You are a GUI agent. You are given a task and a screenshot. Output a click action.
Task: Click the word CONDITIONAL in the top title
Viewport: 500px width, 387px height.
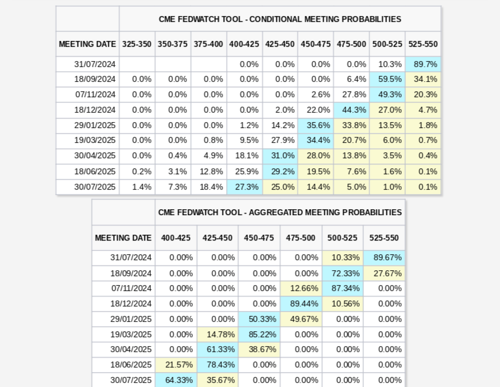click(x=276, y=19)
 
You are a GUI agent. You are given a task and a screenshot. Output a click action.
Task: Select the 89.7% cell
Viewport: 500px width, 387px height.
click(x=423, y=64)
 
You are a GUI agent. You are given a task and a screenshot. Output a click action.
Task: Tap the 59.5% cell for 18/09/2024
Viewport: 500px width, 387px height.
click(x=388, y=79)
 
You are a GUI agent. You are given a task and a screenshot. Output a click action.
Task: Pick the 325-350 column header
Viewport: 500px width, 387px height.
click(x=137, y=44)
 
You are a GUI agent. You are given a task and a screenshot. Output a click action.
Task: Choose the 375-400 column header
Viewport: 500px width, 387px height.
click(x=208, y=44)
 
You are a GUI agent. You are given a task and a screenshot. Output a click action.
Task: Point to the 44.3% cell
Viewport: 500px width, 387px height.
click(x=351, y=110)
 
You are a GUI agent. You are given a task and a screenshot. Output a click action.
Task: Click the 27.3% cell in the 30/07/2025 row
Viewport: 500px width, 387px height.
click(x=244, y=187)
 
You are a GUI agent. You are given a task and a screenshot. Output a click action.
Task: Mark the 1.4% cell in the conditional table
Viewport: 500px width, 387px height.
click(x=137, y=187)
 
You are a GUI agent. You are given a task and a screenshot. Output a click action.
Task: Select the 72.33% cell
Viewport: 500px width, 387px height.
click(x=343, y=273)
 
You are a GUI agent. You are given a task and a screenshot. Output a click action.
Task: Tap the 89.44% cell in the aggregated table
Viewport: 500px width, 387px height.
click(x=301, y=303)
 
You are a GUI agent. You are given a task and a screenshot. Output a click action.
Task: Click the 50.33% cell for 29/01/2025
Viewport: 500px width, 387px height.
click(x=259, y=319)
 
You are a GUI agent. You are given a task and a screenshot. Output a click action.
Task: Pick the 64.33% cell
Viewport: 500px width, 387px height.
click(x=176, y=380)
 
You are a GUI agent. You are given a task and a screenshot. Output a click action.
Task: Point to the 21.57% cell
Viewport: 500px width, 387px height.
click(x=176, y=364)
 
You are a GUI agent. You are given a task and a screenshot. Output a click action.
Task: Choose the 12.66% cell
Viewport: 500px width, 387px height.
click(x=301, y=289)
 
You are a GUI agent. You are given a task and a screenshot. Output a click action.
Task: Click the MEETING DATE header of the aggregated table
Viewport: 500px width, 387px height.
click(x=123, y=238)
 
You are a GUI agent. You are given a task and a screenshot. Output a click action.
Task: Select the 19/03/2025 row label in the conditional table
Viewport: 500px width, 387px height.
click(x=95, y=140)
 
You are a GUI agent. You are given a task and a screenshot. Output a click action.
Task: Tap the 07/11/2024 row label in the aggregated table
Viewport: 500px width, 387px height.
click(x=131, y=289)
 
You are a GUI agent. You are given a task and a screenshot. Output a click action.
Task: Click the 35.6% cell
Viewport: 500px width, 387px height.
click(x=316, y=126)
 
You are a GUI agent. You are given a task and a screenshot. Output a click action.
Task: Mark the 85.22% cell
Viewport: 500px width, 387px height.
click(x=259, y=334)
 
